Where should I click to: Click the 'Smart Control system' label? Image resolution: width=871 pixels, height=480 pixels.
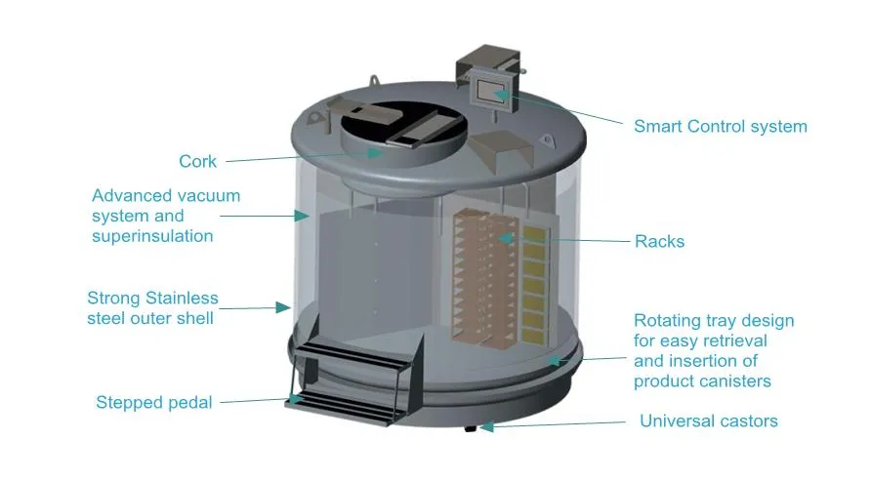click(x=720, y=126)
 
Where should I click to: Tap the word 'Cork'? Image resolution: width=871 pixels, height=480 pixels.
click(x=197, y=161)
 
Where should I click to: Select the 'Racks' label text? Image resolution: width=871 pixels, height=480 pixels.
click(x=659, y=241)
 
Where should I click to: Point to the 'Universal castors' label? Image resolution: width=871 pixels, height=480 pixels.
click(x=708, y=421)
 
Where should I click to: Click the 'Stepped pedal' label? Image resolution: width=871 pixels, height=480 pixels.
click(x=153, y=402)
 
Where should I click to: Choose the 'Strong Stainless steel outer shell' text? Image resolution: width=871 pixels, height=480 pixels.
click(x=152, y=307)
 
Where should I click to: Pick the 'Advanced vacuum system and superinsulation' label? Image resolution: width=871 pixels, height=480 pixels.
click(x=165, y=216)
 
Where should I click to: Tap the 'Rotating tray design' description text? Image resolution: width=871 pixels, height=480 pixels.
click(x=714, y=350)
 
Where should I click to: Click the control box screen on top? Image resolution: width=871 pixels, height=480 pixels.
click(x=485, y=90)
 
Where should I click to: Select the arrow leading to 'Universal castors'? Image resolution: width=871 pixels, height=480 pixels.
click(x=557, y=424)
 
